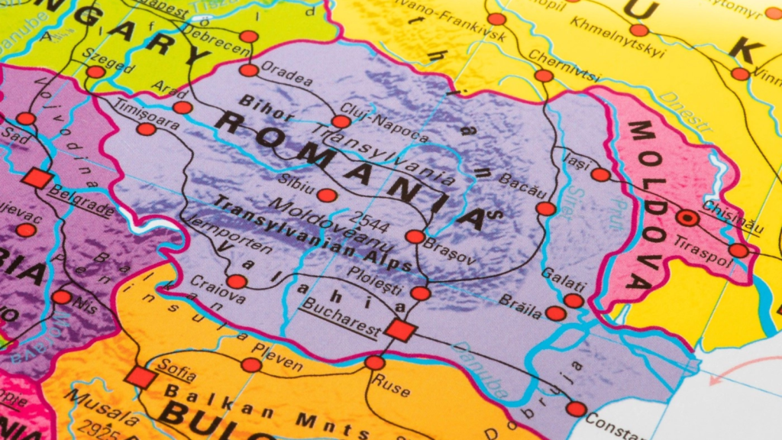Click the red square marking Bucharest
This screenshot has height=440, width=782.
tap(400, 330)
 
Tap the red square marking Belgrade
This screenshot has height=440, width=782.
tap(37, 178)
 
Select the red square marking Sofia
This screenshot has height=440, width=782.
tap(141, 377)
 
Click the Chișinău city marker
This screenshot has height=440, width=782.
tap(687, 218)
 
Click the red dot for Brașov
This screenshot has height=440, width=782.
tap(415, 237)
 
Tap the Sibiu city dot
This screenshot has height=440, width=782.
tap(327, 196)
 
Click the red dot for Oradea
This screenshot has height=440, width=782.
tap(249, 70)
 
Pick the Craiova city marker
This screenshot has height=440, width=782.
tap(237, 281)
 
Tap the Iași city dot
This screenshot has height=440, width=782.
tap(601, 175)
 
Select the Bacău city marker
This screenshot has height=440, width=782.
tap(546, 209)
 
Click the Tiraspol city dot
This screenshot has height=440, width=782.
tap(738, 251)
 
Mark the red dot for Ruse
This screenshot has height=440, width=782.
tap(374, 363)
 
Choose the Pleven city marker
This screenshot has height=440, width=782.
tap(251, 365)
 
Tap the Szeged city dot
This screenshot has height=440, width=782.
tap(95, 72)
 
